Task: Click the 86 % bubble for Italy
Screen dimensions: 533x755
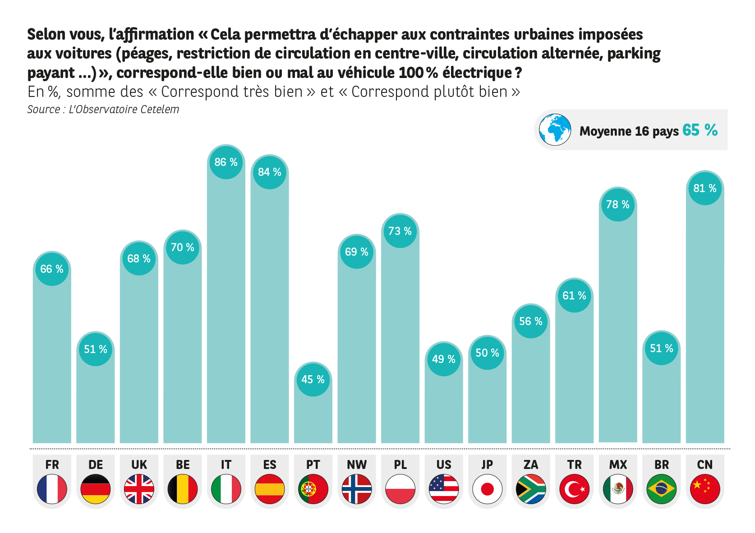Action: point(226,162)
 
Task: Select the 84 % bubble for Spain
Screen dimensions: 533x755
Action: point(270,173)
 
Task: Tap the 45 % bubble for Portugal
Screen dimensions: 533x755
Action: point(313,380)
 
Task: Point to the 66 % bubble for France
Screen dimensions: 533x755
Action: point(52,269)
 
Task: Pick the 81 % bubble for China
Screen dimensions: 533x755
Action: point(705,188)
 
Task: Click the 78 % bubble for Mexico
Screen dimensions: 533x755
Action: point(618,205)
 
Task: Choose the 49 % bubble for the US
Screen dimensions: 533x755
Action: point(444,359)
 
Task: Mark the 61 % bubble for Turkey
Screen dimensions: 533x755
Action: point(574,296)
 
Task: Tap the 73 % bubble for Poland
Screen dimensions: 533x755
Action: point(400,231)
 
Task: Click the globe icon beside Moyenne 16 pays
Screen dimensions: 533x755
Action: point(555,130)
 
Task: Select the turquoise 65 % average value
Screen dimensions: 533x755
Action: point(700,130)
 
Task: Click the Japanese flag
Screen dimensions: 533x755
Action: point(487,489)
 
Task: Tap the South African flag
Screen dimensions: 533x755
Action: point(531,489)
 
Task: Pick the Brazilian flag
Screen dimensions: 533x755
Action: point(661,489)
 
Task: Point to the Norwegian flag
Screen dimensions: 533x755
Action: point(357,489)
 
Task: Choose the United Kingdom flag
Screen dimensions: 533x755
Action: point(139,489)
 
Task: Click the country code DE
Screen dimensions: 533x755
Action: point(96,465)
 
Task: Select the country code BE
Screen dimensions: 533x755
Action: point(183,465)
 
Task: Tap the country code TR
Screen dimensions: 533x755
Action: point(574,465)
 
